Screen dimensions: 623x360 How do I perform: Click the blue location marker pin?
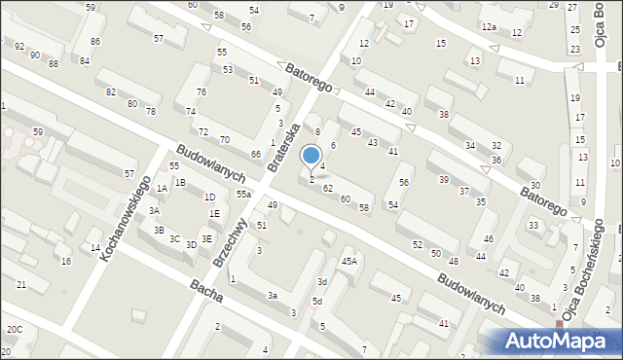click(x=311, y=156)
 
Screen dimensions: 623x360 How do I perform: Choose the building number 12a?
click(x=489, y=26)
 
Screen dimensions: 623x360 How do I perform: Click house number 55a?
click(x=243, y=195)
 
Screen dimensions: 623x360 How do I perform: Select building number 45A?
click(x=348, y=261)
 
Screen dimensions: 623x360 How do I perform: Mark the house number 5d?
click(x=316, y=302)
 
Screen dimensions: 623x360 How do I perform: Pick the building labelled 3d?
click(x=321, y=282)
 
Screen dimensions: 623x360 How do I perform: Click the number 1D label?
click(x=209, y=198)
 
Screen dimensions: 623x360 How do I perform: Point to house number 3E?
click(x=206, y=238)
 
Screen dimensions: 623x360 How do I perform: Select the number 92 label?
click(x=19, y=46)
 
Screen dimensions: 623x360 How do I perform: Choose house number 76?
click(x=201, y=91)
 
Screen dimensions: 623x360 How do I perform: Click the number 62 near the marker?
click(x=328, y=188)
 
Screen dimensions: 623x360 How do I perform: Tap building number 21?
click(x=20, y=284)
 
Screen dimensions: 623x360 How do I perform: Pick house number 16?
click(x=66, y=262)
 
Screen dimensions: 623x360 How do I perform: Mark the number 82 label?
click(x=111, y=91)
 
